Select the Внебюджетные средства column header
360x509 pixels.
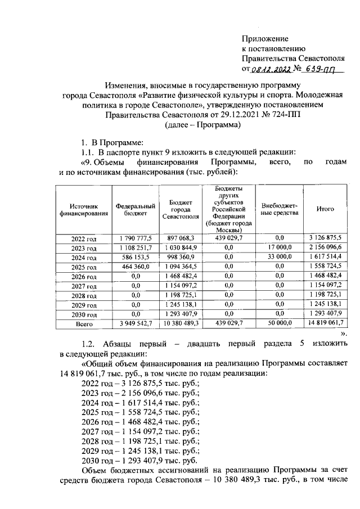point(280,209)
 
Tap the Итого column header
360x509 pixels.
point(325,209)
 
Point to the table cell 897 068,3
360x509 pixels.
point(181,238)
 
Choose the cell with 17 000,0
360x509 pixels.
point(280,248)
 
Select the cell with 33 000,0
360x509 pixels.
point(280,257)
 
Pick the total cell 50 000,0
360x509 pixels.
point(280,324)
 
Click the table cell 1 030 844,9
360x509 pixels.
point(181,248)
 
